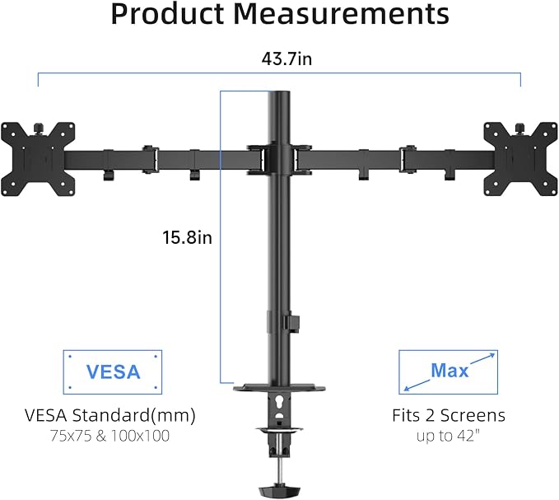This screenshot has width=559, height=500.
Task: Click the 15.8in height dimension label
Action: [x=187, y=238]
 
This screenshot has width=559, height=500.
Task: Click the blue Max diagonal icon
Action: [x=449, y=371]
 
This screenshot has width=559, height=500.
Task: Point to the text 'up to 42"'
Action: [x=449, y=436]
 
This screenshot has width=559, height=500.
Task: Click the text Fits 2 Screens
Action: [x=449, y=415]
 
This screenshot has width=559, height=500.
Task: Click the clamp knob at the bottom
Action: [x=279, y=491]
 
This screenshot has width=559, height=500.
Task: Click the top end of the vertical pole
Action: [x=279, y=97]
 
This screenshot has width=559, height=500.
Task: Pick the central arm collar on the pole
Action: [x=279, y=157]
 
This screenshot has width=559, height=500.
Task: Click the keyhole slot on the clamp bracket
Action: [x=279, y=404]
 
